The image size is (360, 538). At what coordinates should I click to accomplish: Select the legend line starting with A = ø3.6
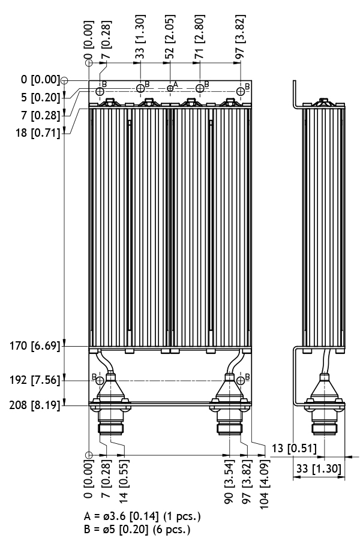(x=143, y=516)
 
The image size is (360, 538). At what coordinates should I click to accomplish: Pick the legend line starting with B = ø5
(x=139, y=529)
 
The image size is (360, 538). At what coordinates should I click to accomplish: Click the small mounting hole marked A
(x=170, y=88)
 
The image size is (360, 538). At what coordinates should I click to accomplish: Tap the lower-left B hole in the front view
(x=100, y=380)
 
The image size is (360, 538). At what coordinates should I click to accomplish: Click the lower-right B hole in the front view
(x=240, y=380)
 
